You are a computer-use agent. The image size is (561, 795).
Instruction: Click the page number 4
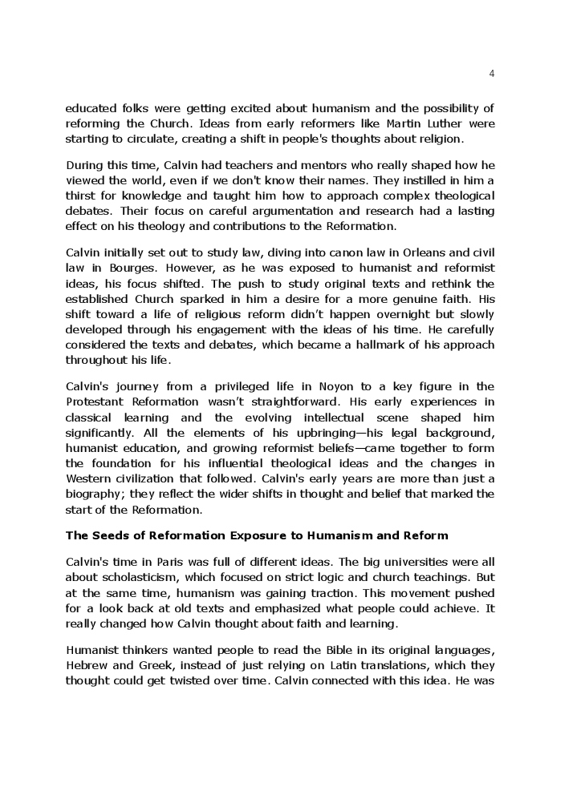(x=491, y=74)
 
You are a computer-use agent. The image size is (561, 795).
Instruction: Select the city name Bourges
(x=120, y=268)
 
